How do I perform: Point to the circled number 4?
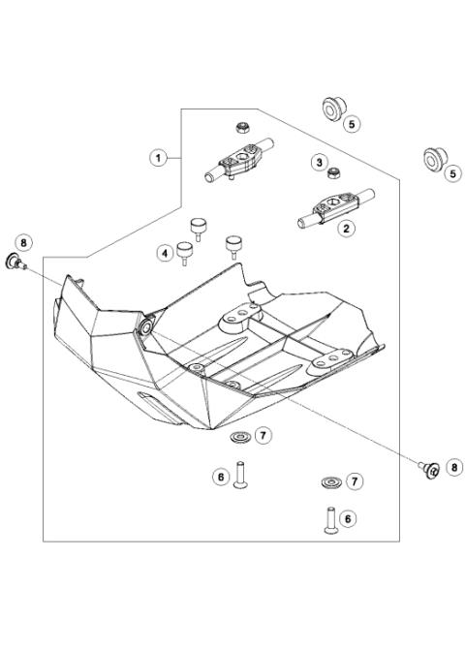coord(166,253)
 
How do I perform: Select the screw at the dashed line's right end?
coord(425,470)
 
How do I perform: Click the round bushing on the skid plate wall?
coord(145,327)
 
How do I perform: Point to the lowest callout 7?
coord(354,480)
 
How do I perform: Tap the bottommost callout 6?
coord(348,518)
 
